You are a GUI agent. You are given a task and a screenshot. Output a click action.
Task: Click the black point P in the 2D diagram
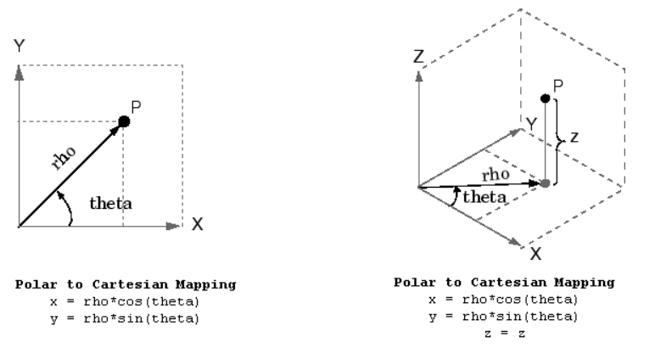point(124,121)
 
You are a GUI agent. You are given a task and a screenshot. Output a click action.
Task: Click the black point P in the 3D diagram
point(546,98)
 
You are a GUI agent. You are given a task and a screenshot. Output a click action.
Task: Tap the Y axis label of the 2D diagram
point(20,46)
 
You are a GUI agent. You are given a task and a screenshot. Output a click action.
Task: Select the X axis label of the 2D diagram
point(198,224)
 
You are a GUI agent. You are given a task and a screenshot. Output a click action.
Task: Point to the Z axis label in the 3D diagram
point(418,56)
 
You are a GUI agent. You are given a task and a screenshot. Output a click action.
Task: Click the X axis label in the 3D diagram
point(535,254)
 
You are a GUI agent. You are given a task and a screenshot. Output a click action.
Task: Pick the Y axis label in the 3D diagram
point(531,124)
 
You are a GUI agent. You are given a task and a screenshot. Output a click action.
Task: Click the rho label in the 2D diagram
point(64,158)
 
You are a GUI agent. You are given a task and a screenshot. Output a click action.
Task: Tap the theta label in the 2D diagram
point(110,203)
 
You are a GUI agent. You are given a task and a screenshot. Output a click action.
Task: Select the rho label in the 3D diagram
point(495,174)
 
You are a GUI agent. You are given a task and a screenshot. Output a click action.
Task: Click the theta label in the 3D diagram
point(484,196)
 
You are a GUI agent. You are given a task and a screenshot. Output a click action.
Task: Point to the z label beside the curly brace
point(574,138)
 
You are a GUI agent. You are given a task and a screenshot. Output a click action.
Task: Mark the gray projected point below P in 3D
point(546,183)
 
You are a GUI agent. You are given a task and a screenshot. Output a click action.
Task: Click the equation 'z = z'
point(505,333)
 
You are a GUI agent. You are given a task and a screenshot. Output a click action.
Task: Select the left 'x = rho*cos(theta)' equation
point(125,301)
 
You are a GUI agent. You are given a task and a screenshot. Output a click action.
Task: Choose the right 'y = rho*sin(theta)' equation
point(503,317)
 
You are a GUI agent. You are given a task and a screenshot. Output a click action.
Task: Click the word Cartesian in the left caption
point(130,284)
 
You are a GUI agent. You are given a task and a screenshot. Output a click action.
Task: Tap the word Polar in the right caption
point(415,282)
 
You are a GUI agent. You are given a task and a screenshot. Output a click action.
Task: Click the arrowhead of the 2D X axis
point(173,226)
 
